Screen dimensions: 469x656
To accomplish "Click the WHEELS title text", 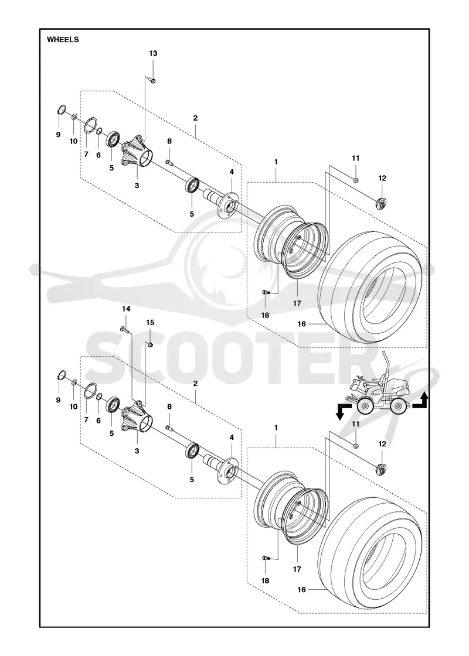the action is [63, 40].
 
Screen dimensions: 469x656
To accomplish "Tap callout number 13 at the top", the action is [153, 53].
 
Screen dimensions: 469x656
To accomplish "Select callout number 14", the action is [126, 309].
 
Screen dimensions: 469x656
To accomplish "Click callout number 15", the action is [150, 323].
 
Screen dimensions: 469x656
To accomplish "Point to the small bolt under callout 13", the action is [152, 80].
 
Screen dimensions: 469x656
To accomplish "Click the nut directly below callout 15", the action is [150, 344].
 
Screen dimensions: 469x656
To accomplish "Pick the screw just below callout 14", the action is [124, 330].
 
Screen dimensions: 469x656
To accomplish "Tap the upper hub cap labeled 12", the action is [382, 204].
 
